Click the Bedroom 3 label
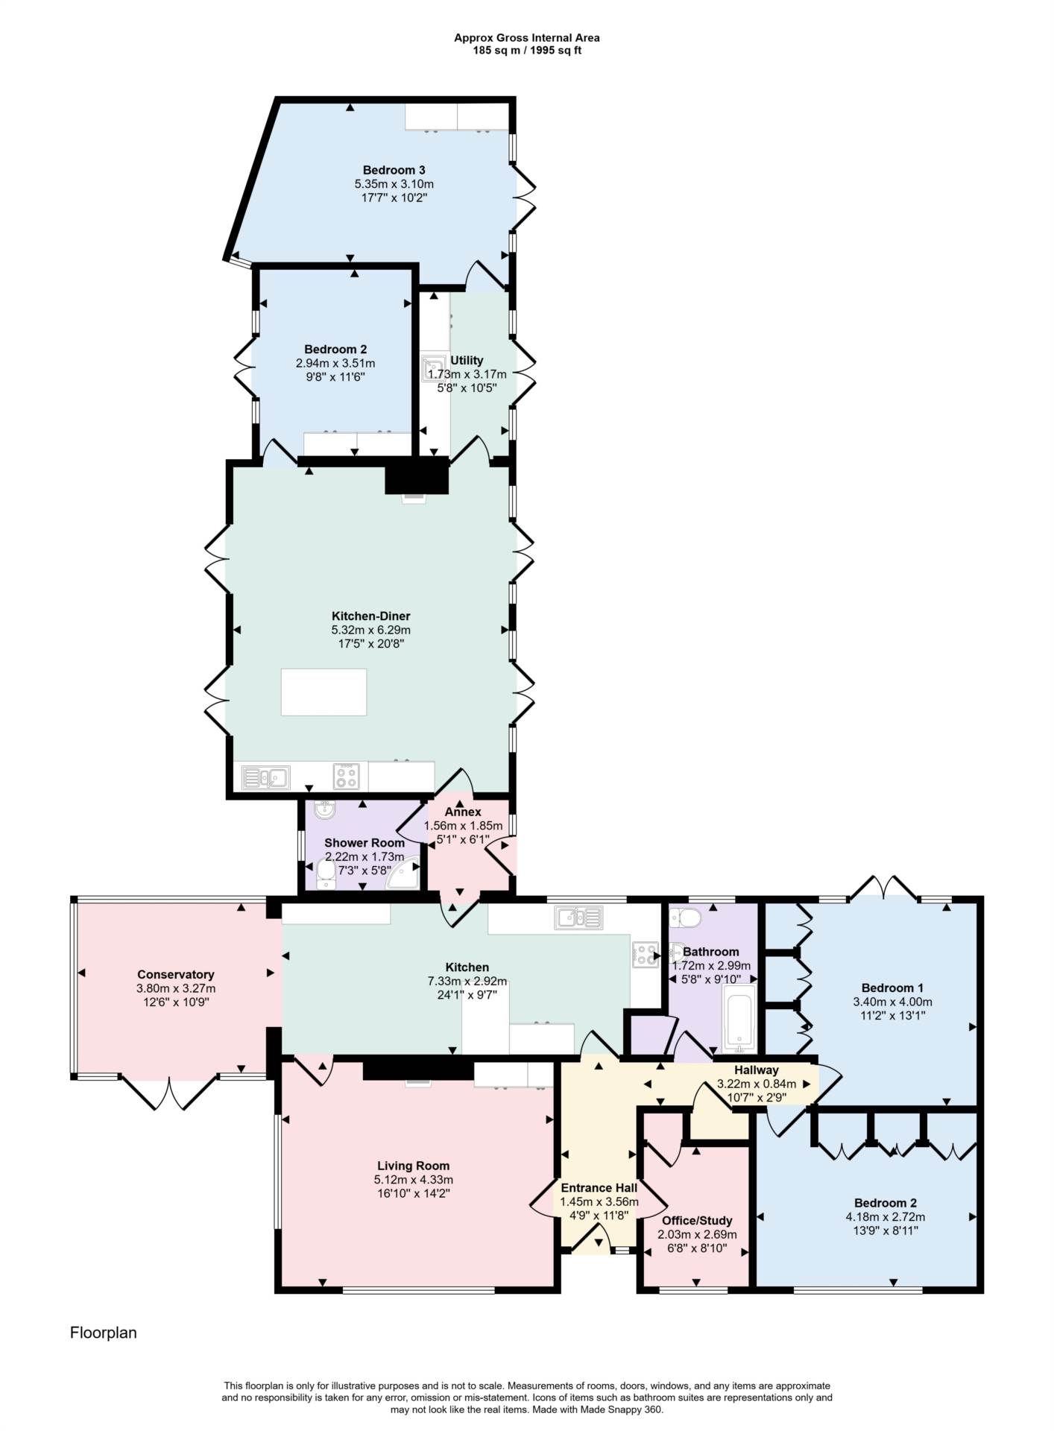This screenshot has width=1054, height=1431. [x=394, y=170]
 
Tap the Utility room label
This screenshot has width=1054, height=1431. [x=467, y=361]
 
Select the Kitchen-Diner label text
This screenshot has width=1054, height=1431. [x=370, y=616]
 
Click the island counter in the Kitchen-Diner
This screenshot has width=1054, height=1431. [x=324, y=692]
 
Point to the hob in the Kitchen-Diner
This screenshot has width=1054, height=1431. [x=346, y=777]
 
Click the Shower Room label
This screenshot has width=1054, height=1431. [x=365, y=843]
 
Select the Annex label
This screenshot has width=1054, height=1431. [x=463, y=812]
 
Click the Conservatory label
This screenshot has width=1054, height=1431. [x=176, y=975]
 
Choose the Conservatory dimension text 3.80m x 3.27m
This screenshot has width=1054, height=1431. [x=176, y=988]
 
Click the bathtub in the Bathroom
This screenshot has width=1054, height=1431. [x=739, y=1019]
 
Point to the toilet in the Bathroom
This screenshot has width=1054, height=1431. [x=684, y=917]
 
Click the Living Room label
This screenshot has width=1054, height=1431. [x=413, y=1166]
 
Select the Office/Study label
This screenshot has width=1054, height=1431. [x=697, y=1221]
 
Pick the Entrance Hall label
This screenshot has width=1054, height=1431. [x=599, y=1188]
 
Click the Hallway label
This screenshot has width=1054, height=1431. [x=756, y=1070]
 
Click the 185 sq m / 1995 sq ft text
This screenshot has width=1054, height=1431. [x=527, y=51]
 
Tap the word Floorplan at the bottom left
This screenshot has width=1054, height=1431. [x=104, y=1333]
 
